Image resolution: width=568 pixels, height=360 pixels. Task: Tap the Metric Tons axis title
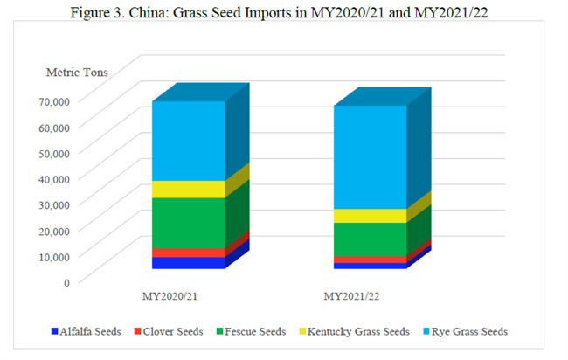(77, 72)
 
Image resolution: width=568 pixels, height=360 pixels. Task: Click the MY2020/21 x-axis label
(170, 296)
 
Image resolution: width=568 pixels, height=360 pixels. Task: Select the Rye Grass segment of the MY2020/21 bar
(188, 140)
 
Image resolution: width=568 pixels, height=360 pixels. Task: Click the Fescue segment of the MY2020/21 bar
(188, 223)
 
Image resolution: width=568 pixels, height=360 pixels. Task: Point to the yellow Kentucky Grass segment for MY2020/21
(188, 189)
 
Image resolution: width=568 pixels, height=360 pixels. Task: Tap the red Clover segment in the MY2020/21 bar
(188, 253)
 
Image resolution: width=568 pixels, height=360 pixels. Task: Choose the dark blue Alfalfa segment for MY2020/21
(188, 263)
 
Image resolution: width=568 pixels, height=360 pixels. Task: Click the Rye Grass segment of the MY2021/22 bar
(370, 157)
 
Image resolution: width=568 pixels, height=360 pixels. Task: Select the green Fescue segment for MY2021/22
(370, 239)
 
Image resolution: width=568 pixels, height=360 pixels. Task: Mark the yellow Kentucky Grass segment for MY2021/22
(370, 216)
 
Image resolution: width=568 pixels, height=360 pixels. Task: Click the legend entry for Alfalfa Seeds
(87, 332)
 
